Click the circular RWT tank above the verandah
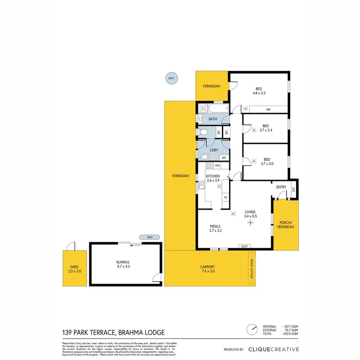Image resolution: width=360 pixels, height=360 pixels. pyautogui.click(x=170, y=79)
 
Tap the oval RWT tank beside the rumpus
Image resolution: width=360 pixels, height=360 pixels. pyautogui.click(x=150, y=237)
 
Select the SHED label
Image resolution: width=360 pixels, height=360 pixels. pyautogui.click(x=74, y=267)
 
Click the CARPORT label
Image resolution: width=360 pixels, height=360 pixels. pyautogui.click(x=207, y=267)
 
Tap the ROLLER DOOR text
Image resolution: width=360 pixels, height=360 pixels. pyautogui.click(x=251, y=269)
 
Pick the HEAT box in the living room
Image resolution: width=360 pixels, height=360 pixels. pyautogui.click(x=244, y=247)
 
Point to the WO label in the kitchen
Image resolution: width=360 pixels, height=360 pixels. pyautogui.click(x=217, y=166)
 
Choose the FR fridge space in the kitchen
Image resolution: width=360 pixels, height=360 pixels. pyautogui.click(x=225, y=197)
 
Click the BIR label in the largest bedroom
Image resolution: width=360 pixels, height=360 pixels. pyautogui.click(x=268, y=110)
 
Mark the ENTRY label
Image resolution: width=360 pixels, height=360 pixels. pyautogui.click(x=281, y=188)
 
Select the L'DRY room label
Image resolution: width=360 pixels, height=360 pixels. pyautogui.click(x=214, y=150)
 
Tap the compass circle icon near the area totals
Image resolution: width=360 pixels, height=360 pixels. pyautogui.click(x=251, y=330)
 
